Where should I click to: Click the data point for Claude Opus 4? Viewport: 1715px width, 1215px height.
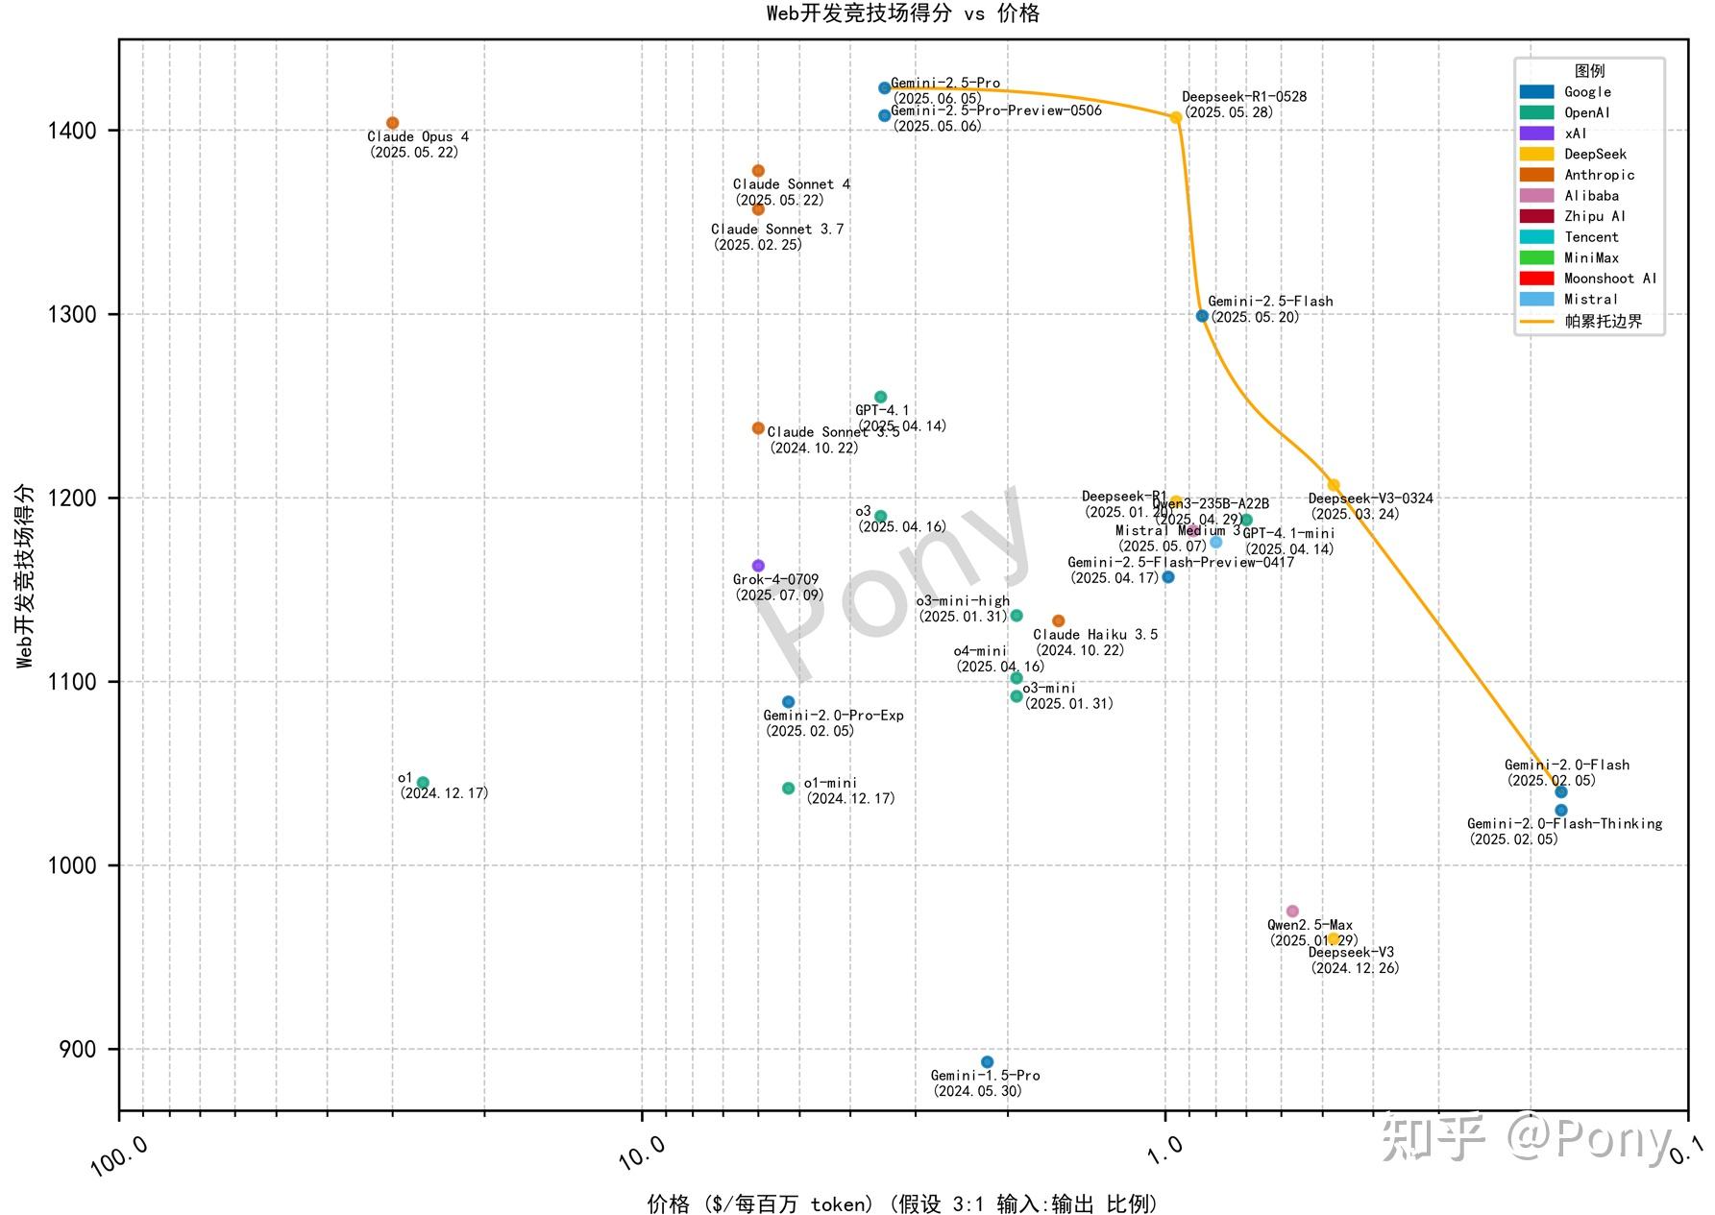tap(392, 123)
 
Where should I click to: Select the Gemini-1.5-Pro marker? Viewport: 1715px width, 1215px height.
tap(987, 1062)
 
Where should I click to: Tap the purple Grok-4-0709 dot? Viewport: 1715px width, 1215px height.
tap(758, 566)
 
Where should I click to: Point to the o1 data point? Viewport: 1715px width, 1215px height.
tap(423, 783)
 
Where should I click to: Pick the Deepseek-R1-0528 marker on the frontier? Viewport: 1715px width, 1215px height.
tap(1176, 118)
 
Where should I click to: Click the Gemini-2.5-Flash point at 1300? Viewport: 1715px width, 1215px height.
tap(1202, 316)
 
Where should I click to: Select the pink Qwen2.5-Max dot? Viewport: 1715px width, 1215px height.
tap(1292, 911)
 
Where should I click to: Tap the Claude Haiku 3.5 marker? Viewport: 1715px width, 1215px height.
tap(1058, 621)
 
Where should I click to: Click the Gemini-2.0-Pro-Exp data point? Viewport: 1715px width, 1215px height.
tap(789, 702)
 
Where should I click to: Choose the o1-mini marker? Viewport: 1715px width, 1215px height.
tap(789, 789)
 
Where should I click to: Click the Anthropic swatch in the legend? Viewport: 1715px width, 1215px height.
tap(1536, 175)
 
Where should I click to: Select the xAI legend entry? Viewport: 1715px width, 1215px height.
tap(1576, 134)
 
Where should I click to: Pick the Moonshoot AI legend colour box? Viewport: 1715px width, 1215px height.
tap(1536, 279)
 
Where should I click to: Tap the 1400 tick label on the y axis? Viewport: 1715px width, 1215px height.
tap(73, 131)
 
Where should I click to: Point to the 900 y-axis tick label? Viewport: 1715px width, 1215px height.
tap(78, 1050)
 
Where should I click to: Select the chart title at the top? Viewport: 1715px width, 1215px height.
tap(902, 13)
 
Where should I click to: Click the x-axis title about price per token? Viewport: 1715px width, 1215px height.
tap(902, 1203)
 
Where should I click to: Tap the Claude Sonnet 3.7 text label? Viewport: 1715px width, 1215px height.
tap(777, 230)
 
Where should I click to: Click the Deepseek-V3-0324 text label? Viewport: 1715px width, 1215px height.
tap(1370, 498)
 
